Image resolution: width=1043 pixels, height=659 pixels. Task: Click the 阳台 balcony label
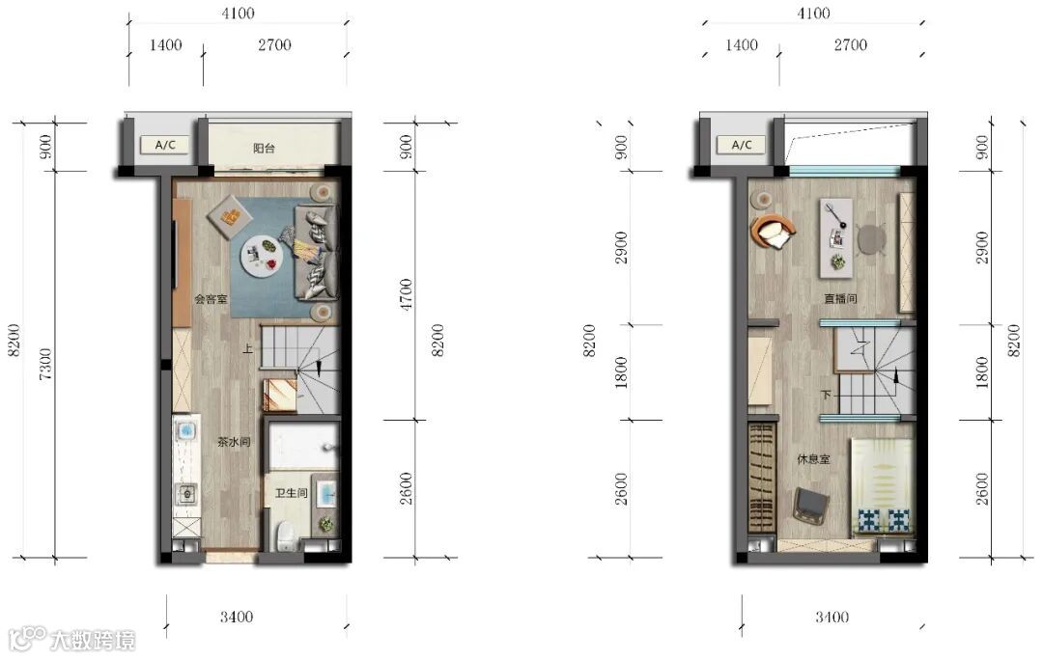point(264,149)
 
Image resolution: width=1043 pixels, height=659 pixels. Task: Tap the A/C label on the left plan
point(165,145)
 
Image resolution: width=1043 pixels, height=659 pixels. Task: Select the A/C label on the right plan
point(742,145)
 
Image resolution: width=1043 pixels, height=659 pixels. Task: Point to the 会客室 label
point(211,299)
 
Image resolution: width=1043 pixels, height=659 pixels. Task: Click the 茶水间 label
point(234,441)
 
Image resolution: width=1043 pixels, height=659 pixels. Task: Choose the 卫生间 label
point(292,493)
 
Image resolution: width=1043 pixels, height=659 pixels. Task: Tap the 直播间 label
point(840,298)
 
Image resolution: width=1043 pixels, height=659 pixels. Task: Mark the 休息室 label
point(813,459)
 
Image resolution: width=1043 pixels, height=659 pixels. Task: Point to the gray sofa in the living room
point(317,252)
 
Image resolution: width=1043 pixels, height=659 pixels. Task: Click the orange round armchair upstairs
point(773,232)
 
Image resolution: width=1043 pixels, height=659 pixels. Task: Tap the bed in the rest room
point(882,486)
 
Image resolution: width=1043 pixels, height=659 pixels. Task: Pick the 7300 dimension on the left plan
point(44,364)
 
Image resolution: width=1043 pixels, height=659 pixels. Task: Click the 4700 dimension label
point(406,294)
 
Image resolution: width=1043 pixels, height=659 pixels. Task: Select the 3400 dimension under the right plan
point(832,618)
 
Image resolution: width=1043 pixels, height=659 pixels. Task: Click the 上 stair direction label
point(247,348)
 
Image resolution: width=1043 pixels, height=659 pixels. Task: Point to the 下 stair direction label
point(826,396)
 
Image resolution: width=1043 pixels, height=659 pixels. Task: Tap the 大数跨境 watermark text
point(93,641)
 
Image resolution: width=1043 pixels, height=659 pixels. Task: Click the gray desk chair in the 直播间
point(870,238)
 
